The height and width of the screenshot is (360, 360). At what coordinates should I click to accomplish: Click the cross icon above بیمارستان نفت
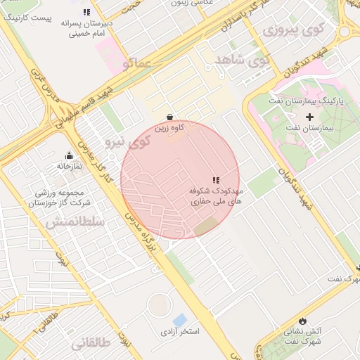(310, 115)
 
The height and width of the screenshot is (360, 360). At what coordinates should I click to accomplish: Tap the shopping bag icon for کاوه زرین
(169, 117)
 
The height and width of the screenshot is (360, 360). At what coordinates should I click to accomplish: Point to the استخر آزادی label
(181, 330)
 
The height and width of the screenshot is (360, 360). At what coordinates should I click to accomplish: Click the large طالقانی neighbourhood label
(91, 343)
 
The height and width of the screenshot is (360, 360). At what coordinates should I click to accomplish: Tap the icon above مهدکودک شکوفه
(216, 180)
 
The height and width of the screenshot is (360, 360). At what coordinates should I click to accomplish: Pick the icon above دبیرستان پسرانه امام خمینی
(86, 12)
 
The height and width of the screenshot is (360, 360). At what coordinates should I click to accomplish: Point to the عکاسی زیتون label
(186, 4)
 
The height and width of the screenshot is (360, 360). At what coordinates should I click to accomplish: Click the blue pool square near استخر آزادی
(180, 320)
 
